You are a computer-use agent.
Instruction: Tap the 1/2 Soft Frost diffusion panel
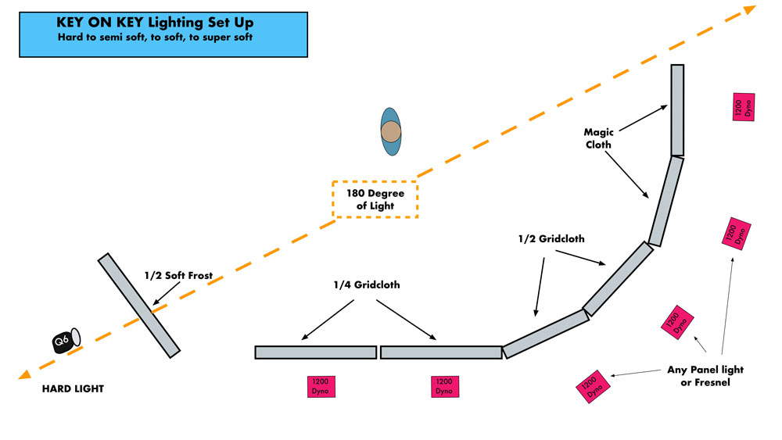(138, 306)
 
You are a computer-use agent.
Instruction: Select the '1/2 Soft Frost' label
(178, 275)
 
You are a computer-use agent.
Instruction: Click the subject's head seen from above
(391, 132)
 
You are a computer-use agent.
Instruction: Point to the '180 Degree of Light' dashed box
(375, 199)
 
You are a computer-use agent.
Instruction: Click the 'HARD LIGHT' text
(73, 388)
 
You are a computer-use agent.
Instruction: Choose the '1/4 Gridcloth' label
(366, 284)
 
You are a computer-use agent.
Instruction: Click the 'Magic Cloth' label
(598, 138)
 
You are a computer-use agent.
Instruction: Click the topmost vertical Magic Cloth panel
(677, 110)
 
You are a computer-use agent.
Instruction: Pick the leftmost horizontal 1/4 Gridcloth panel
(315, 352)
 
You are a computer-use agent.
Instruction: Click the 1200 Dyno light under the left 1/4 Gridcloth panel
(321, 386)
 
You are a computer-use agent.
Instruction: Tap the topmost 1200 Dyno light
(743, 107)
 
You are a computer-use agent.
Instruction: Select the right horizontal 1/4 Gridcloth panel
(441, 352)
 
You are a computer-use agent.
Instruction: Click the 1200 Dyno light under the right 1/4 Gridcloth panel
(444, 386)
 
